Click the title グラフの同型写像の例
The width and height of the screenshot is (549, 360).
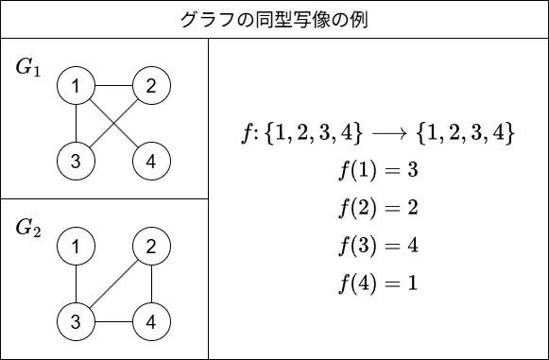click(x=274, y=20)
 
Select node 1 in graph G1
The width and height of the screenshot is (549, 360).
click(x=76, y=86)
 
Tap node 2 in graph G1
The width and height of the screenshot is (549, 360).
click(x=151, y=86)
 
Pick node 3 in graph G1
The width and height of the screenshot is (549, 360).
click(x=76, y=161)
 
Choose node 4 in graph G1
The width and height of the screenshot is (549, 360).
click(x=151, y=161)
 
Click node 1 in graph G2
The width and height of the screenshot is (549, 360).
click(x=76, y=247)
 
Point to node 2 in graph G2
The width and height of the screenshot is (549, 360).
click(x=151, y=247)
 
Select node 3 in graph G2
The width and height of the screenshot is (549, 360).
click(x=76, y=322)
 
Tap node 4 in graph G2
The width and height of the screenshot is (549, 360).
click(x=151, y=322)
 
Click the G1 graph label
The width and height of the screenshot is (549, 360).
click(x=28, y=67)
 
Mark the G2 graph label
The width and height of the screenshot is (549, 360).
click(x=28, y=228)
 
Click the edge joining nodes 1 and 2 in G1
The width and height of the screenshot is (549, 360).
click(x=113, y=86)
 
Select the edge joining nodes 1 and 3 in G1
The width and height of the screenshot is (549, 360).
click(x=76, y=123)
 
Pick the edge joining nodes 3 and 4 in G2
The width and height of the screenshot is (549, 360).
click(x=113, y=322)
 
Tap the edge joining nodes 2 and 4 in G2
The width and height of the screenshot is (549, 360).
click(x=151, y=284)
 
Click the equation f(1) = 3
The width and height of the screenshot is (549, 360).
click(x=379, y=170)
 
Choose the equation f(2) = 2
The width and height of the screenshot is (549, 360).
click(x=379, y=208)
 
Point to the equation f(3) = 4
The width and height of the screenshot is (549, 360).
click(x=379, y=246)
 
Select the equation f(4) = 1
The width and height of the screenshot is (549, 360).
click(x=379, y=283)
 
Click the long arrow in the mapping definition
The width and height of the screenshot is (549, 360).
click(x=389, y=133)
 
